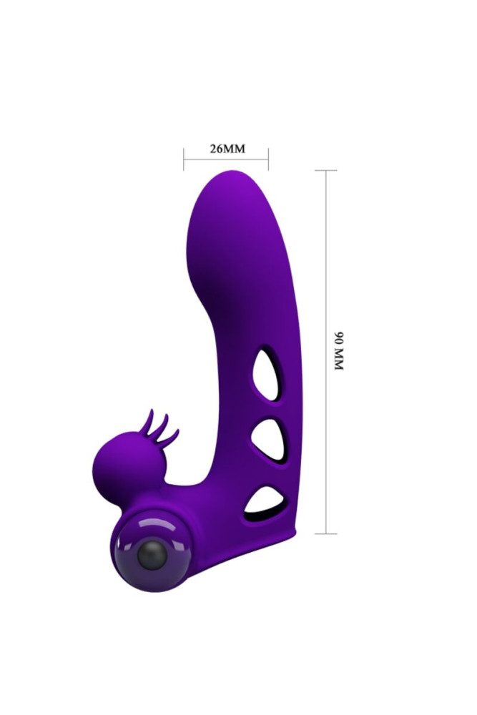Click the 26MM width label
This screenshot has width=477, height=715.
coord(227,149)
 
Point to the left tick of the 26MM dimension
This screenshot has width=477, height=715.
coord(184,159)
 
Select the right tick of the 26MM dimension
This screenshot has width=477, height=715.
coord(268,159)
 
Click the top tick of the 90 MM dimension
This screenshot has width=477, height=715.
coord(326,171)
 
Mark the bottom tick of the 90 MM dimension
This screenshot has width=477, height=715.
coord(326,533)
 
